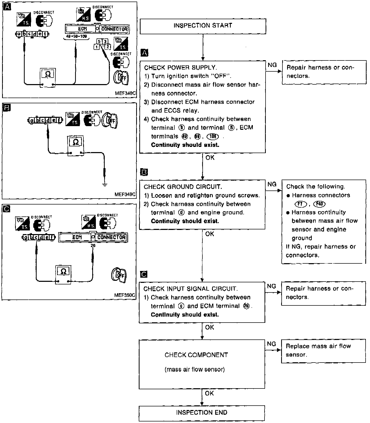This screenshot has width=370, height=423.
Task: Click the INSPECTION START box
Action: (203, 26)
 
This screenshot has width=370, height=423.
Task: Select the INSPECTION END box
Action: (202, 413)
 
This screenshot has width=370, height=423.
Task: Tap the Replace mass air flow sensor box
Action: (323, 351)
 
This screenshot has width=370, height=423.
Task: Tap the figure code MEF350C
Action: (125, 295)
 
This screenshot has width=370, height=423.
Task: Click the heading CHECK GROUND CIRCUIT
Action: (183, 187)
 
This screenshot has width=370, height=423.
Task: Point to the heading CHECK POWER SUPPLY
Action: (180, 68)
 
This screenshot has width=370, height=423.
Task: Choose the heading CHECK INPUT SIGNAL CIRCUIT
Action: (190, 289)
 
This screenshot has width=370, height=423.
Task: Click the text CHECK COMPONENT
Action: (196, 355)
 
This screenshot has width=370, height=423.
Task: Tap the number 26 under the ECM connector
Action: (93, 245)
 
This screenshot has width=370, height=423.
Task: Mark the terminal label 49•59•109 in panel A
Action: (76, 36)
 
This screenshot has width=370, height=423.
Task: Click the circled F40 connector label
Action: (319, 204)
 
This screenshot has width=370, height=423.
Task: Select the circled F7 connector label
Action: (301, 204)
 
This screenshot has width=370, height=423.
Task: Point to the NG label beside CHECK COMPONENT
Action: (271, 344)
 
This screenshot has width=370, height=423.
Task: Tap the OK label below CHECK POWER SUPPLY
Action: (210, 158)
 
